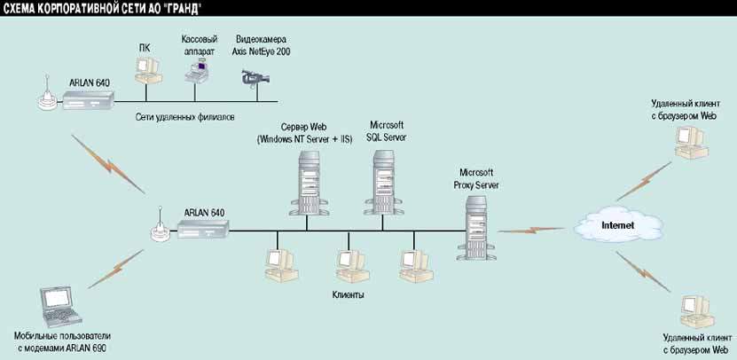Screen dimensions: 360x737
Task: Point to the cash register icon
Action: click(198, 71)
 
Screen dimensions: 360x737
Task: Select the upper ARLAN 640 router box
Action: click(89, 103)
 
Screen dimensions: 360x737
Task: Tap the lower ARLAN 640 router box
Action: click(204, 228)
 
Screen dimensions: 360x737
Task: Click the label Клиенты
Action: click(348, 293)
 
